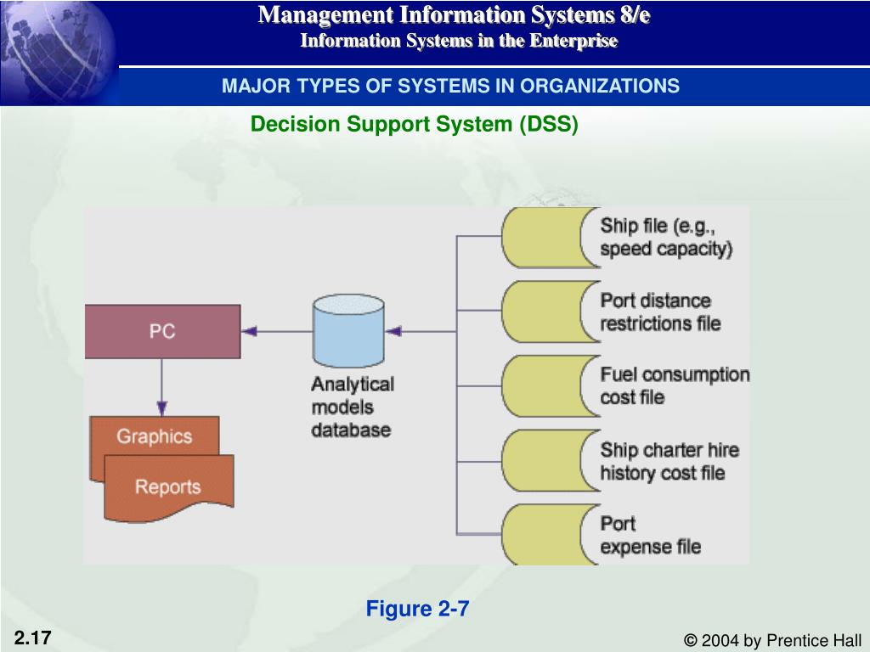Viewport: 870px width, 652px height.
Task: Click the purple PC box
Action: point(162,332)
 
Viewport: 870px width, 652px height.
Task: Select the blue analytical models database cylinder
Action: point(348,331)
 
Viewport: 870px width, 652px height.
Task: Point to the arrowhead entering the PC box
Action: point(249,332)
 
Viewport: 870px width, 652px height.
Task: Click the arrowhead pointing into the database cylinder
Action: point(393,332)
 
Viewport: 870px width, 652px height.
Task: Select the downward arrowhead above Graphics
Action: point(162,408)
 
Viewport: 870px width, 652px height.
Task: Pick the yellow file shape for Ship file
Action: point(550,238)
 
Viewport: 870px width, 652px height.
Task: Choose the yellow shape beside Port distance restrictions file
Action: point(550,312)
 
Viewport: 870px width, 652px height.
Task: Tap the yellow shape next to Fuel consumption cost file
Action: point(550,386)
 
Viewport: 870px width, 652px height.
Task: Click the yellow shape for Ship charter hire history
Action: point(550,460)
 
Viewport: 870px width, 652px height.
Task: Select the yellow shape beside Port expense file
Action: point(550,535)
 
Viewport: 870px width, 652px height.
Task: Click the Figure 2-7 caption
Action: point(417,609)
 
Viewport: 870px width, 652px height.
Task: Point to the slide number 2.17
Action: point(33,638)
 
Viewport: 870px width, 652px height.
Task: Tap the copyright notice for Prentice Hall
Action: point(772,640)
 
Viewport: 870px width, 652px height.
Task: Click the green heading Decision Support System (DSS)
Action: point(415,124)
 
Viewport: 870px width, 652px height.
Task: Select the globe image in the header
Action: point(59,53)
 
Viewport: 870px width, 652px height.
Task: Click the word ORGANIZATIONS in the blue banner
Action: point(599,86)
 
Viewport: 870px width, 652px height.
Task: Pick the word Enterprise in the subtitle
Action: point(573,41)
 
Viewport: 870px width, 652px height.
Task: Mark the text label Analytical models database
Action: point(353,407)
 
